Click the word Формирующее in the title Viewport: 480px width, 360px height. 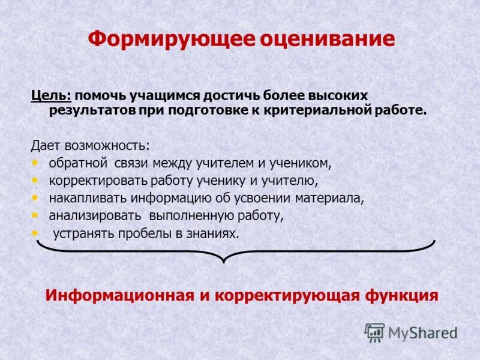[x=172, y=40]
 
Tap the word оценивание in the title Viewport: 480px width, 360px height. [x=328, y=40]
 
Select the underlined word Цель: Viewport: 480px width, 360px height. [x=52, y=96]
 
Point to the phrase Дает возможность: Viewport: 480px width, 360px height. [x=91, y=146]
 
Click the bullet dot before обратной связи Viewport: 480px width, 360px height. [x=35, y=163]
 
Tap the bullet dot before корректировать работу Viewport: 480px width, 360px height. [x=35, y=179]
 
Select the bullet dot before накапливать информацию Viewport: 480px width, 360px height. [x=35, y=197]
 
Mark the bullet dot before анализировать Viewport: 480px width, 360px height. [x=35, y=214]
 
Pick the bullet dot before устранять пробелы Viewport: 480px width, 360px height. [x=35, y=232]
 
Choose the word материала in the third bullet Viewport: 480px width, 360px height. [x=334, y=198]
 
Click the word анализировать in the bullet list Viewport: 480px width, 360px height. [x=95, y=215]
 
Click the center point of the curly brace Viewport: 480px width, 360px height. [x=224, y=259]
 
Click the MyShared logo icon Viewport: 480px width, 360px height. [x=374, y=332]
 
